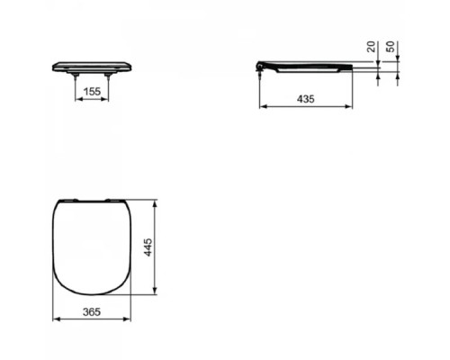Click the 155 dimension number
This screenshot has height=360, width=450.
(x=92, y=91)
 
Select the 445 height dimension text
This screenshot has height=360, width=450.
(x=149, y=247)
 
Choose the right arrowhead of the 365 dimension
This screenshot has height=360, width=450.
(x=130, y=319)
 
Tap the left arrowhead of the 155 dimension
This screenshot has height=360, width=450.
(x=76, y=99)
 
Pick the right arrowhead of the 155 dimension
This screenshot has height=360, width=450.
(x=108, y=99)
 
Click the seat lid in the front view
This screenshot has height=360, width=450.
(x=92, y=66)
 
